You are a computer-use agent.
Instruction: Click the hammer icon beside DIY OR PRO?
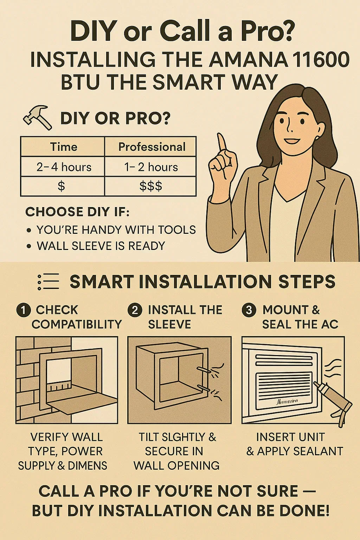click(x=37, y=118)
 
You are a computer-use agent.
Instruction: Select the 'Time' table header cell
click(x=63, y=147)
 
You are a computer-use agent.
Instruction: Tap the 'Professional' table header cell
click(x=152, y=147)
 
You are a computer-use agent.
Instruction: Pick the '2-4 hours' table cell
click(x=64, y=167)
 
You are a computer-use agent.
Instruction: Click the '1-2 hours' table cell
click(x=151, y=167)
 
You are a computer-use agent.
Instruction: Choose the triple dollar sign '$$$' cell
click(x=151, y=186)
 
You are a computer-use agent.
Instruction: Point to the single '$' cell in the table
click(x=61, y=186)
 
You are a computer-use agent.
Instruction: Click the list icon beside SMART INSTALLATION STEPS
click(x=48, y=282)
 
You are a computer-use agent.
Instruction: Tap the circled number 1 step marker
click(x=23, y=310)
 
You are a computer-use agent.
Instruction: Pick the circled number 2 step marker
click(x=135, y=310)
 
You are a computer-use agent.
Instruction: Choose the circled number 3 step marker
click(x=249, y=310)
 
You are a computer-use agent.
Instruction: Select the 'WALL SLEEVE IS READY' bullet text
click(x=101, y=246)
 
